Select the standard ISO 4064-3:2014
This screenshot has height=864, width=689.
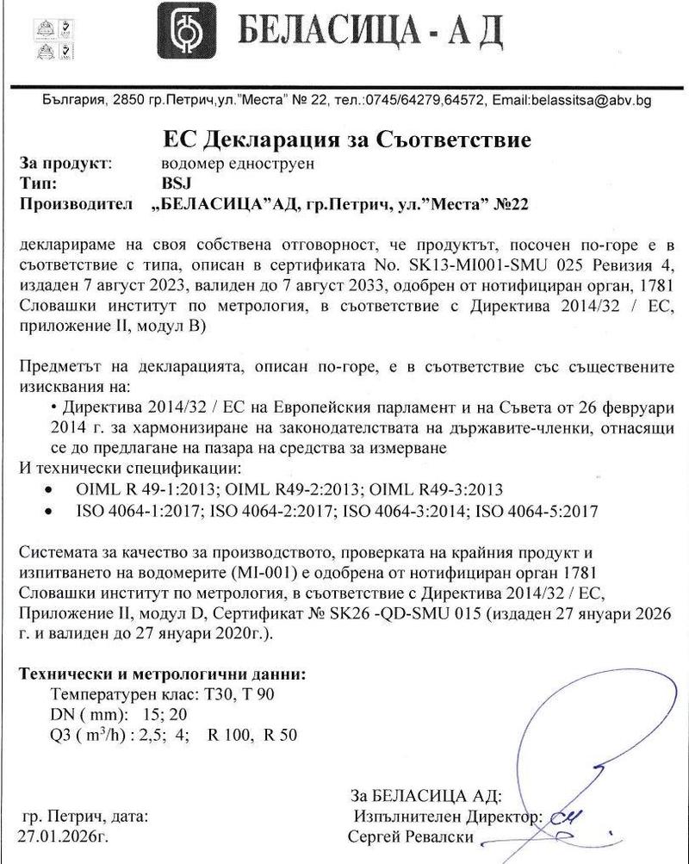(x=406, y=511)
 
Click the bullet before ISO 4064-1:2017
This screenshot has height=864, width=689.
(x=57, y=512)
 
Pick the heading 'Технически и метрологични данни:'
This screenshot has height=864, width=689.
(x=162, y=673)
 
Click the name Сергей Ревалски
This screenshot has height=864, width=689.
(x=411, y=836)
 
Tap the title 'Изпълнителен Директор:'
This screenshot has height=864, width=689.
(x=446, y=815)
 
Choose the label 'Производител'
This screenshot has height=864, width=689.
(x=76, y=203)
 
